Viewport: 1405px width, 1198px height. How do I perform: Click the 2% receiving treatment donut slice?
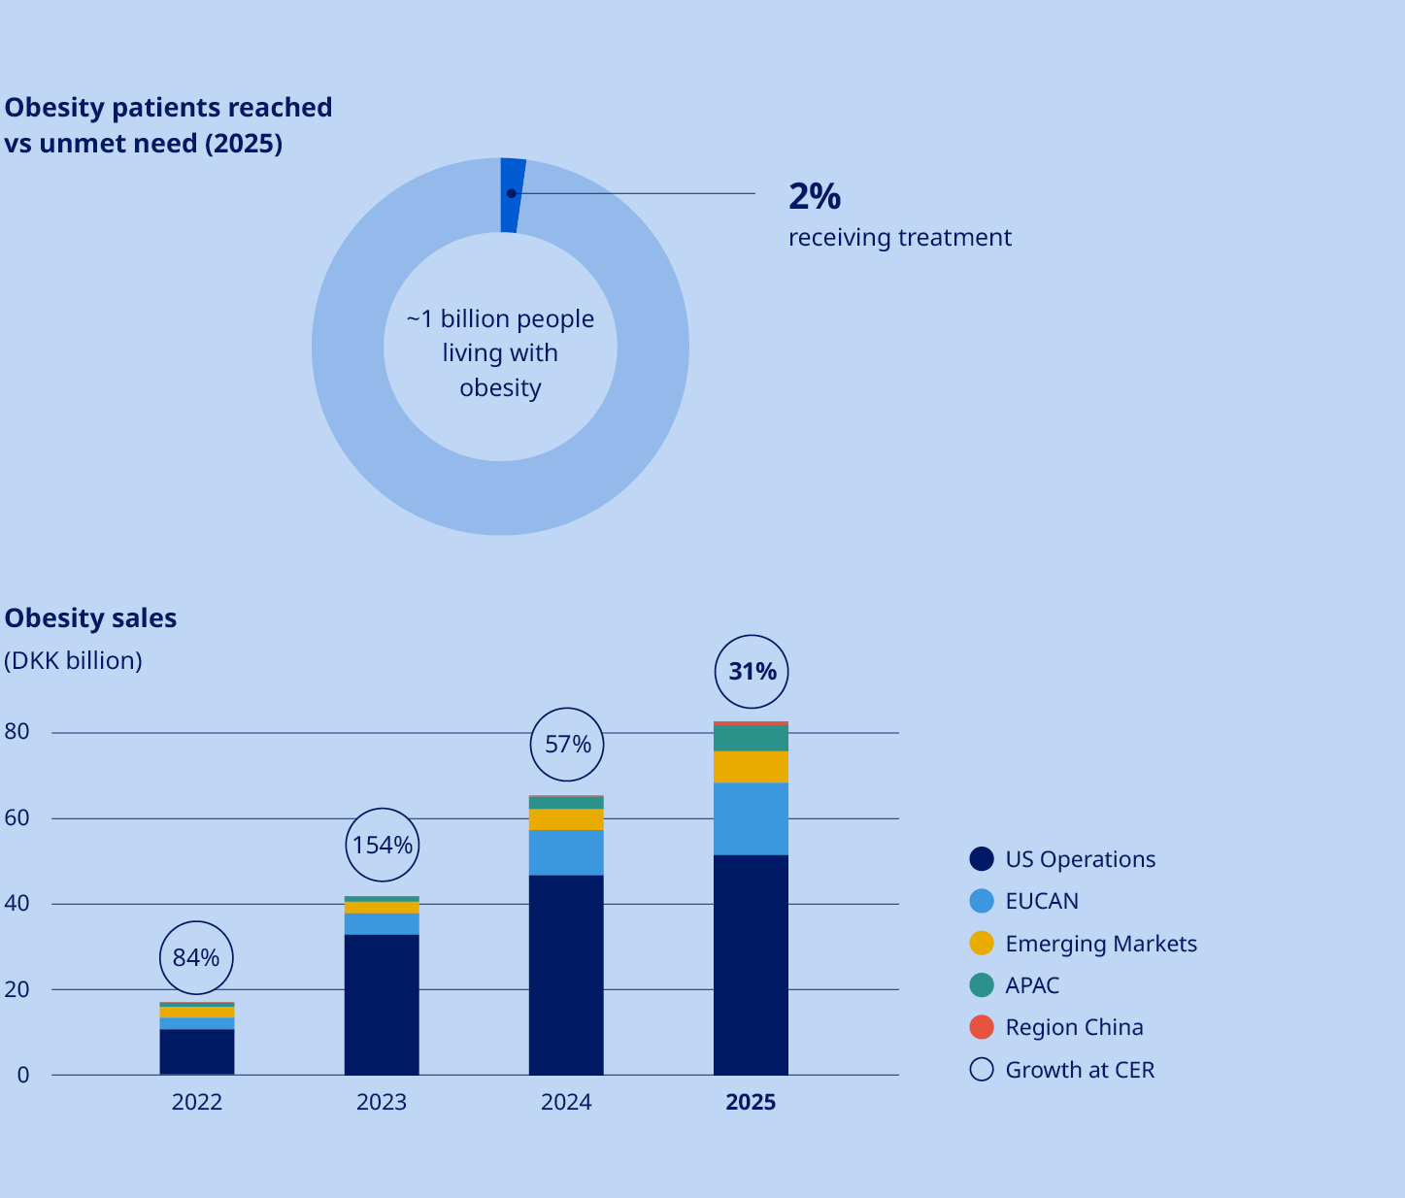point(512,195)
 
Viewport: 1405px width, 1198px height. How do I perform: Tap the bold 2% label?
point(814,196)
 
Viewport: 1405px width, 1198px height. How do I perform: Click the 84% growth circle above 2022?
point(196,958)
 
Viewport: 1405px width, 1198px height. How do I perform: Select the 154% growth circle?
point(382,846)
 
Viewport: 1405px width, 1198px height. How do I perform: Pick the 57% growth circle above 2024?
point(567,745)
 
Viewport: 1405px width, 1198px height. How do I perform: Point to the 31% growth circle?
point(752,672)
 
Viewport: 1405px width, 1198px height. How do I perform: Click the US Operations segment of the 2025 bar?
point(751,964)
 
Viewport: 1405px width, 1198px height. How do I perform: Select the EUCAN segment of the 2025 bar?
point(751,818)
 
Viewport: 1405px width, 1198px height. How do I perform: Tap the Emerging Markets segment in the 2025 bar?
point(751,767)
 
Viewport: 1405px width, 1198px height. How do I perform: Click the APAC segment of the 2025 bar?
point(751,739)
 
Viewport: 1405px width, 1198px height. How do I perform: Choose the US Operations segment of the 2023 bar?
point(382,1004)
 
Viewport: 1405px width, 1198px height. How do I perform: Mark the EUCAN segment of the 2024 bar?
point(566,852)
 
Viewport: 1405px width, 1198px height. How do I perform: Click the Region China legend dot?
point(982,1027)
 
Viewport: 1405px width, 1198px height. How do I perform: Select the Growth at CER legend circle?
point(982,1070)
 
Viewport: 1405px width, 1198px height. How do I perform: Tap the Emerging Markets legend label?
point(1100,944)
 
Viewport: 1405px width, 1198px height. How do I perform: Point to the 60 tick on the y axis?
point(17,818)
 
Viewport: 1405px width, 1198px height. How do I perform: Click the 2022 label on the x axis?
point(197,1102)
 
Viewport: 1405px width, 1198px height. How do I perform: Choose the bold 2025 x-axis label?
point(751,1102)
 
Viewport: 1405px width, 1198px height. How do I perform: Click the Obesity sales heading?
point(90,618)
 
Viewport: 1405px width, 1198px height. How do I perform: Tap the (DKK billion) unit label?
point(73,661)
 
